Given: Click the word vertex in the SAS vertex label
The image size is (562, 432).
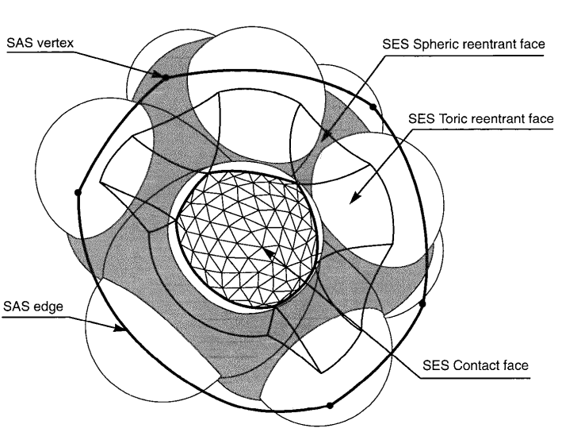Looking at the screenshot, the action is (50, 44).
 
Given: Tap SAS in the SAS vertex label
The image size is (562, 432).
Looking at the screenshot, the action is (19, 44).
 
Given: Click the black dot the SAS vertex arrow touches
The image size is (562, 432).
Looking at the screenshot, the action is (165, 77).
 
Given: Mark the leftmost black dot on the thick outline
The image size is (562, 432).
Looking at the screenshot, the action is (78, 191).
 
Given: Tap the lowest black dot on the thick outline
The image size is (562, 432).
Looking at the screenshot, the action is (331, 405).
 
